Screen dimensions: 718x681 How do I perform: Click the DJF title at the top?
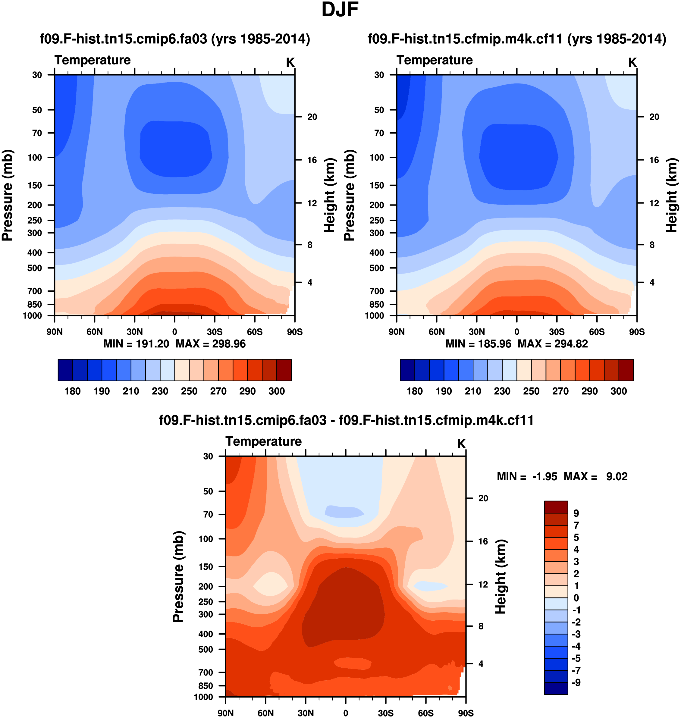coord(340,10)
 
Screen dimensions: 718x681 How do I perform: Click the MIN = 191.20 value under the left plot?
coord(136,344)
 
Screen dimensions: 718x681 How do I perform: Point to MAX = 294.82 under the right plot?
coord(553,344)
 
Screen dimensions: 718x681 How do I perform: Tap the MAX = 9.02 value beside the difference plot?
coord(595,476)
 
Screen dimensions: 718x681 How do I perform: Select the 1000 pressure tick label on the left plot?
coord(32,316)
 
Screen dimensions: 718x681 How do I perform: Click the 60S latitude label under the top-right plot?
coord(597,332)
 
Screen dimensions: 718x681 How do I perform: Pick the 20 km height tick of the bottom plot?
coord(483,498)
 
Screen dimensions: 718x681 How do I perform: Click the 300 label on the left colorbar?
coord(277,391)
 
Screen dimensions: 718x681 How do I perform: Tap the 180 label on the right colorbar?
coord(415,391)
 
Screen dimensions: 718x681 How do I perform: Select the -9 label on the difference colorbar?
coord(576,682)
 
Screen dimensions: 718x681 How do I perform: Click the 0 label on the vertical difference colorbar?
coord(576,598)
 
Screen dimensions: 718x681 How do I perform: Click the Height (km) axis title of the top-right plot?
coord(672,195)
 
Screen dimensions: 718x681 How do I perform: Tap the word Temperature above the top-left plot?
coord(93,60)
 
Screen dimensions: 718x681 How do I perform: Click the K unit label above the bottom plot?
coord(461,444)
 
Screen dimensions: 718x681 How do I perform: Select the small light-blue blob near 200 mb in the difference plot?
coord(431,586)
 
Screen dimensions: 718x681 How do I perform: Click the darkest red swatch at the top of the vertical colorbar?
coord(556,507)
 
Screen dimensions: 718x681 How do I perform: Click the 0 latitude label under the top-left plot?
coord(174,332)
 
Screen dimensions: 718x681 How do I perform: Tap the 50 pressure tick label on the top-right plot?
coord(379,110)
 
